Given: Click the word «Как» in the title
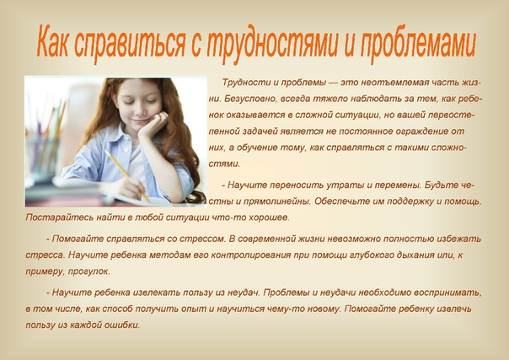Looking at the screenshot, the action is point(52,41).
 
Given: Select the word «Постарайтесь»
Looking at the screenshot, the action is point(58,218).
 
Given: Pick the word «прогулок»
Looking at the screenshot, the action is point(88,271).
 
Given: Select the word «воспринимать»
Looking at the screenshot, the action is point(449,293).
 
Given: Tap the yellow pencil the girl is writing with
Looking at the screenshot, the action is point(126,175).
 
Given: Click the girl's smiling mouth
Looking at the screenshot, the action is point(142,121).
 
